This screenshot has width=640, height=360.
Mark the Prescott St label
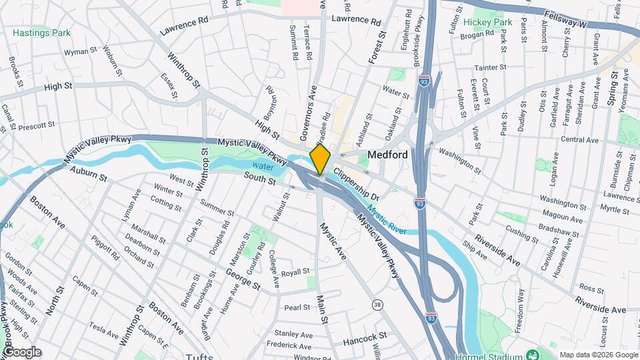coord(36,125)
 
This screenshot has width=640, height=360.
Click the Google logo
coord(21,351)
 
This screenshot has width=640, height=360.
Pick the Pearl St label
coord(297,307)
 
